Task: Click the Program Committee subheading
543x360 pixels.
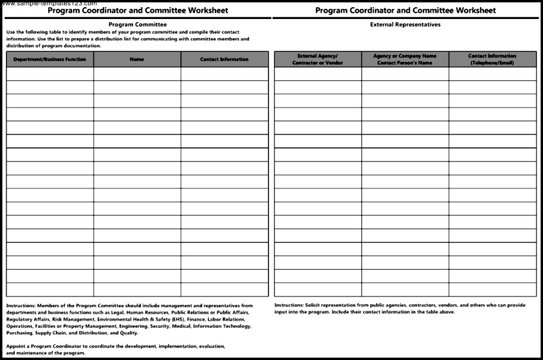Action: tap(138, 24)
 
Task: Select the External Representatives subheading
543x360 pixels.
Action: tap(405, 24)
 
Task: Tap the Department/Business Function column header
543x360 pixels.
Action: tap(50, 59)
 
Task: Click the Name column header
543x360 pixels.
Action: tap(137, 59)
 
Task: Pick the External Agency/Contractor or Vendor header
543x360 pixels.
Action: tap(317, 59)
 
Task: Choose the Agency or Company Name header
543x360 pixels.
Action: tap(405, 59)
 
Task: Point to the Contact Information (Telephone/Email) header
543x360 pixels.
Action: tap(492, 59)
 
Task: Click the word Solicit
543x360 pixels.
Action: tap(311, 305)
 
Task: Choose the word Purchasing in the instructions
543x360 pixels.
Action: tap(19, 333)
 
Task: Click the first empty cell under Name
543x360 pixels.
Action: tap(137, 74)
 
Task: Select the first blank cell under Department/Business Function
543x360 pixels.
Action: tap(50, 74)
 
